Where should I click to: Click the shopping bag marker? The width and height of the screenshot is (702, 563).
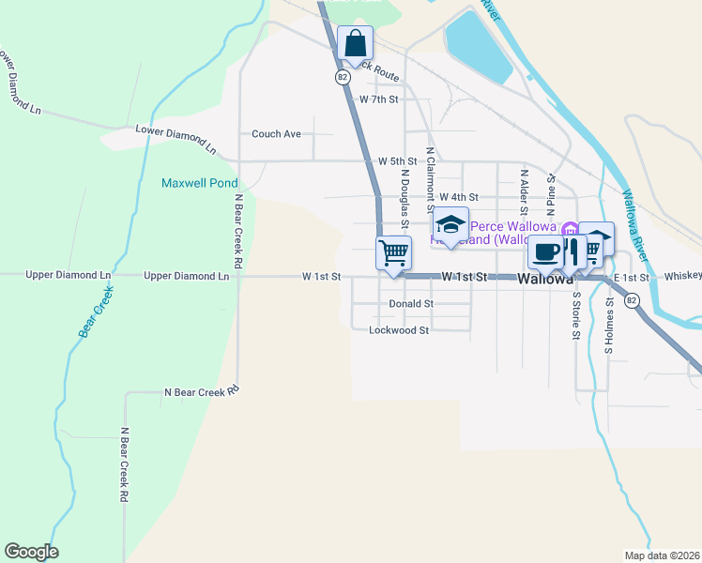[356, 43]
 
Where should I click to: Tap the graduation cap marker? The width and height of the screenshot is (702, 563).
[450, 226]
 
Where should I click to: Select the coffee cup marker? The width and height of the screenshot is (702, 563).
[545, 251]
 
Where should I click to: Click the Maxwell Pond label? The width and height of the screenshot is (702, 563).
[200, 183]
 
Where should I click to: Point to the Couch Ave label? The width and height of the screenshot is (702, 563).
[276, 134]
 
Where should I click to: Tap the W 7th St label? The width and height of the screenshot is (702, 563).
[379, 99]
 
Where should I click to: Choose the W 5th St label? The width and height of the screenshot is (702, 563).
[397, 161]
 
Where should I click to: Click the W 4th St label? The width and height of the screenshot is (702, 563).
[458, 197]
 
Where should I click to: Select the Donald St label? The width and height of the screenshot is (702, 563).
[410, 304]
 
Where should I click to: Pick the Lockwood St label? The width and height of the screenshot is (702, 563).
[399, 330]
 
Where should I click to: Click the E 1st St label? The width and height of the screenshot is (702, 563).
[631, 278]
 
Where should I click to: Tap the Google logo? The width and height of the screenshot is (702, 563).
[31, 552]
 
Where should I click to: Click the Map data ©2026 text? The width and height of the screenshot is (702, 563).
[663, 555]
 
